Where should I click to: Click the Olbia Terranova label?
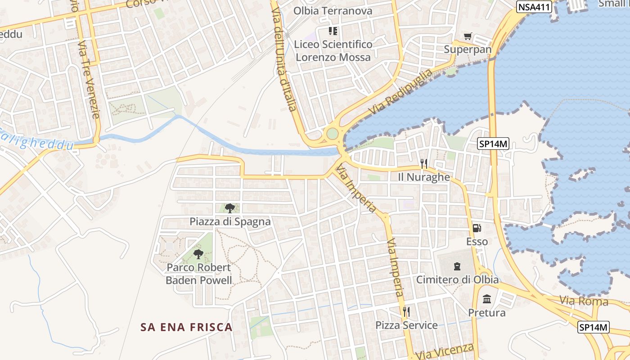(333, 11)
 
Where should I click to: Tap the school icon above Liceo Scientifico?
(333, 31)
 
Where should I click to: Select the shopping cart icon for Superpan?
(468, 36)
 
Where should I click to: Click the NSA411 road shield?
(534, 6)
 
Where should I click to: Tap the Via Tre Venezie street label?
(88, 79)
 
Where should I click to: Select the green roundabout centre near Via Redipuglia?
(332, 134)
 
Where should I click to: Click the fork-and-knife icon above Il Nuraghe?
(423, 164)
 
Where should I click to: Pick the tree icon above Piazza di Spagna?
(230, 208)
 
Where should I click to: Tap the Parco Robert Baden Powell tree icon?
(198, 254)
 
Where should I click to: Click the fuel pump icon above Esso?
(477, 228)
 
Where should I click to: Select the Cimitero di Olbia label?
(457, 279)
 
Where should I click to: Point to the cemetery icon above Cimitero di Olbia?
(457, 266)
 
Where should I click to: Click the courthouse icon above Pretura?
(486, 299)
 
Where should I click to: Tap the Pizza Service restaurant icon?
(406, 311)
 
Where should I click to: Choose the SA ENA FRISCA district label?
(186, 327)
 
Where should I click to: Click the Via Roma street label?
(584, 301)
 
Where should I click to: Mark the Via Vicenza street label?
(445, 351)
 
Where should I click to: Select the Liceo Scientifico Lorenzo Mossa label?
(333, 50)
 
